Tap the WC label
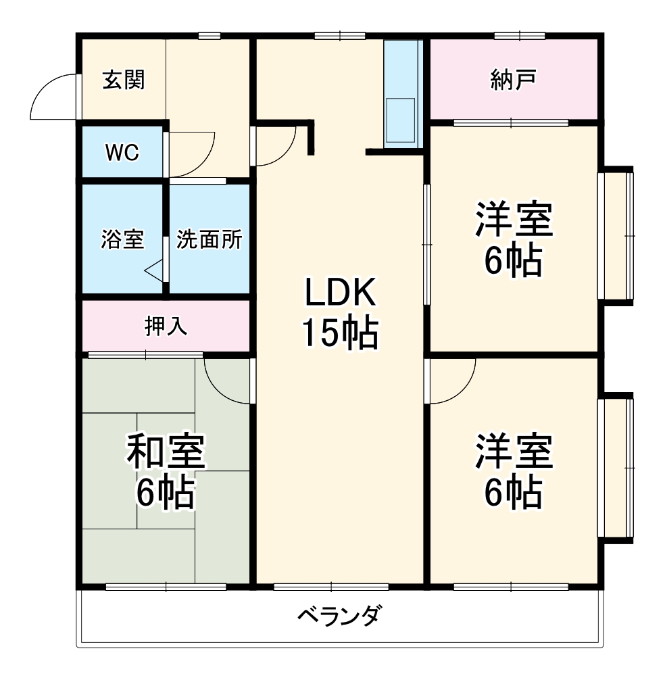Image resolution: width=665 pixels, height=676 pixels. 122,153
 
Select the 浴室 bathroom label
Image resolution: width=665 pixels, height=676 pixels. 122,239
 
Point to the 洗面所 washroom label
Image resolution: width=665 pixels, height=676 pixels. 209,239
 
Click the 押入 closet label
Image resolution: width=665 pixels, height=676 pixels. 166,326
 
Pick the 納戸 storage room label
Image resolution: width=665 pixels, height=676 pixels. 514,80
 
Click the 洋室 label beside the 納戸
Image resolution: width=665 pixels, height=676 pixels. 514,239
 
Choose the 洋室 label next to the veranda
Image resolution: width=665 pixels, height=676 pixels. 514,472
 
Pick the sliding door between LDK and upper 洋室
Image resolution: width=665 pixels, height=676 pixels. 426,243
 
